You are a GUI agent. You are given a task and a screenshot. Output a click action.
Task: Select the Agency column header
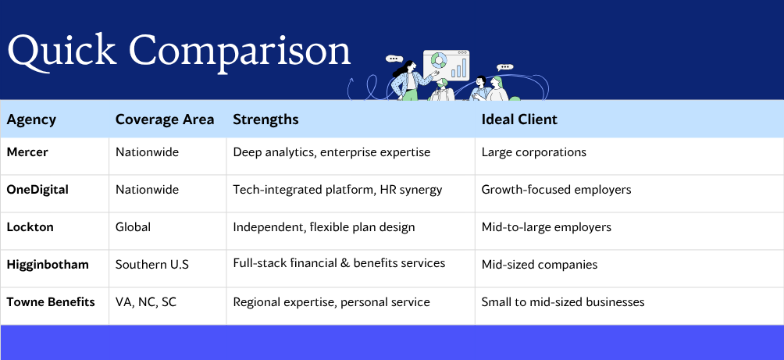click(31, 120)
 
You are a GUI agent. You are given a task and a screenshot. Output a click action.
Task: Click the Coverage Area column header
click(165, 119)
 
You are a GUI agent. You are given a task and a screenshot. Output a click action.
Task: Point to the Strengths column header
click(265, 120)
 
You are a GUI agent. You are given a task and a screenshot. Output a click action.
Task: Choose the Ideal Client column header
click(519, 119)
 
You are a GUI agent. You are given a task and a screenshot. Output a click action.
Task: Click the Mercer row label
click(27, 152)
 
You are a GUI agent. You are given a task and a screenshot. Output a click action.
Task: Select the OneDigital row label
click(37, 190)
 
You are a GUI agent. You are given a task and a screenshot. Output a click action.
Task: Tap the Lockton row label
click(30, 227)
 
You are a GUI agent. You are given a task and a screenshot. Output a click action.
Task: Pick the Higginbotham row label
click(48, 265)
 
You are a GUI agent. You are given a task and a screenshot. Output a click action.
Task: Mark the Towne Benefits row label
click(51, 302)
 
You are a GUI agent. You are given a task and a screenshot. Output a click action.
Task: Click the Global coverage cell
click(133, 227)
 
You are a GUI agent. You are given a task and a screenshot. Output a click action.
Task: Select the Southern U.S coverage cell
click(152, 265)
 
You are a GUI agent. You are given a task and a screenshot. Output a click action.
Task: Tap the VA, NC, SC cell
click(146, 302)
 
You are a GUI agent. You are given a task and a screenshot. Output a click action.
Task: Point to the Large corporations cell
click(533, 152)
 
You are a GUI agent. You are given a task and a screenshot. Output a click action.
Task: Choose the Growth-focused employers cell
click(556, 190)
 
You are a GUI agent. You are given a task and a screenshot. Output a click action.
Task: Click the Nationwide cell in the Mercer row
click(147, 152)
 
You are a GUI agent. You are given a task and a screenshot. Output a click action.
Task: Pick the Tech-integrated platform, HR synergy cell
click(337, 190)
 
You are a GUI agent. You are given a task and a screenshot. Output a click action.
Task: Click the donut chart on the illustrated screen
click(439, 61)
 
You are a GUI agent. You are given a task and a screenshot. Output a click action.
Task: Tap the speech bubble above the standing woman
click(394, 59)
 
